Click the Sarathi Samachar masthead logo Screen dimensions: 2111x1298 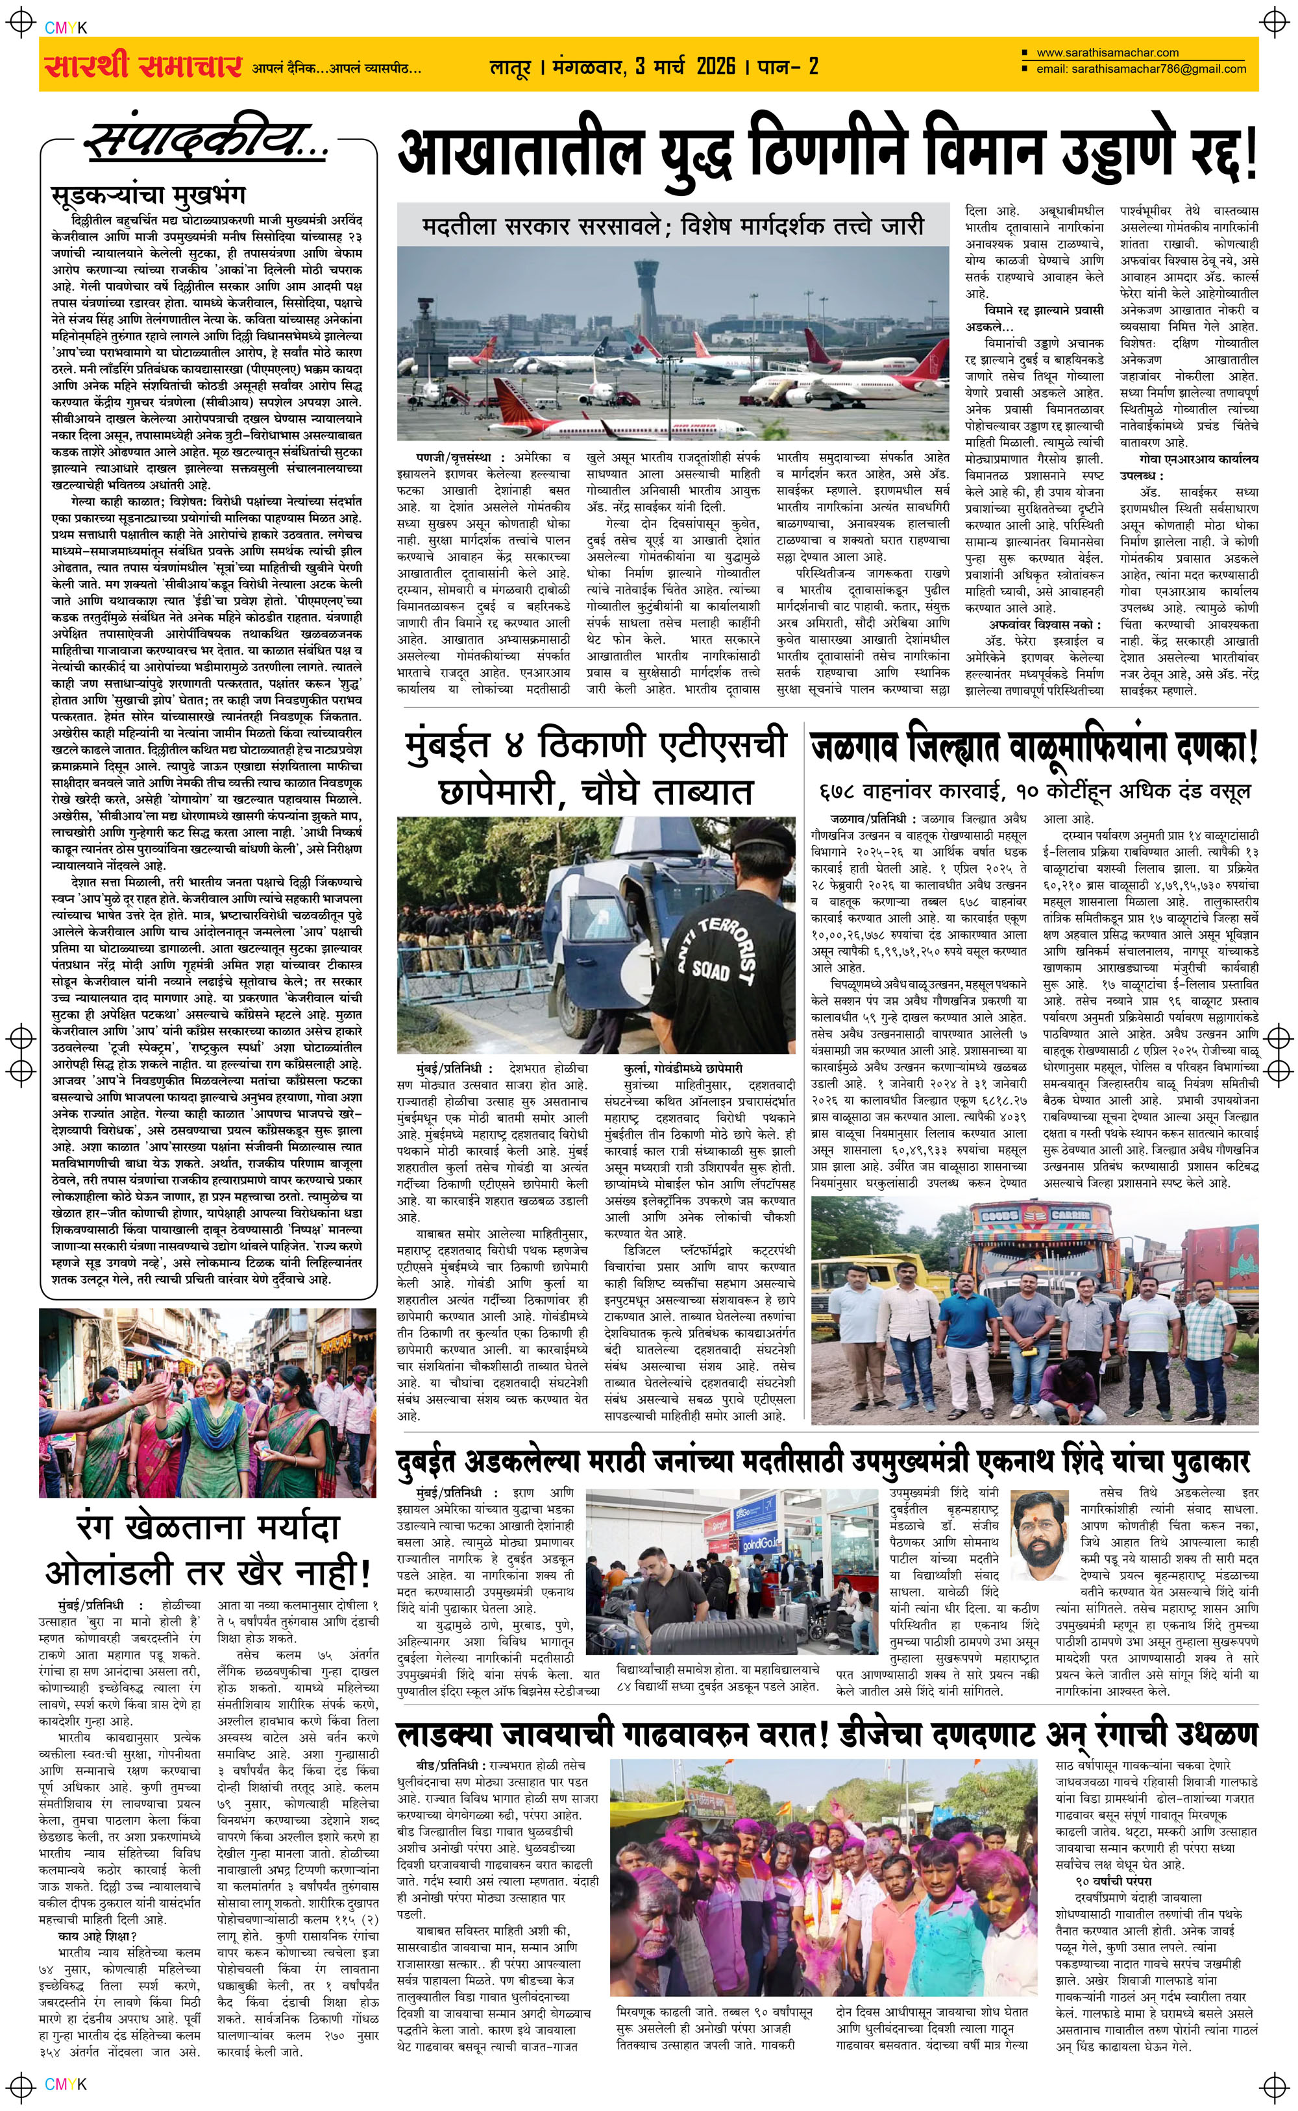pos(141,65)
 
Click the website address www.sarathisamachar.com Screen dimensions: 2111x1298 pos(1107,53)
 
